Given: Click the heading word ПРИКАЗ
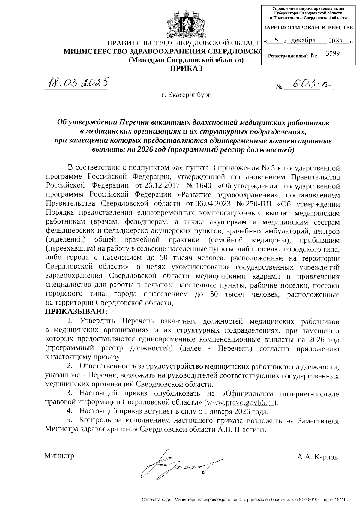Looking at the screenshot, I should click(x=186, y=69).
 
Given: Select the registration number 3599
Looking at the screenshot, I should click(x=333, y=53).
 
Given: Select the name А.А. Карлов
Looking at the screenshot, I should click(x=317, y=458).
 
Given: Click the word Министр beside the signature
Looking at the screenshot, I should click(x=59, y=456).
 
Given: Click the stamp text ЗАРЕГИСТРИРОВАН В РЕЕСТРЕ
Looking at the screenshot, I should click(x=308, y=28).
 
